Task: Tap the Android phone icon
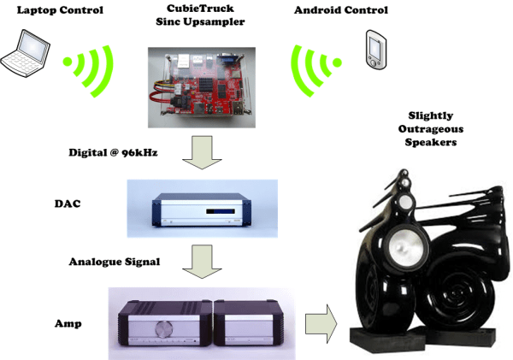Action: click(x=374, y=44)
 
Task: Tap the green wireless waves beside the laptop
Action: click(x=89, y=65)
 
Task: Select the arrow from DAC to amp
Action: click(x=204, y=260)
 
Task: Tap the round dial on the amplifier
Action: click(x=163, y=329)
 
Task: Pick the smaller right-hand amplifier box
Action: click(x=251, y=328)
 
